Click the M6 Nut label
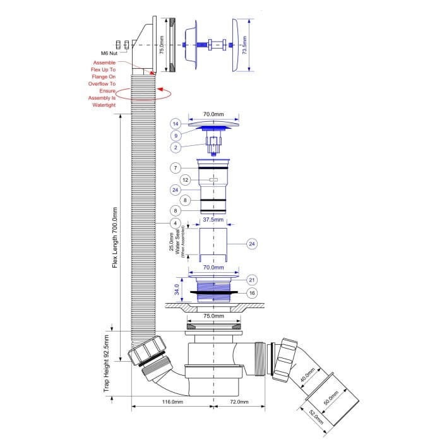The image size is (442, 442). tap(109, 53)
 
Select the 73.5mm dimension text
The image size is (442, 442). tap(244, 45)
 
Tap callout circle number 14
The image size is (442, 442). tap(176, 124)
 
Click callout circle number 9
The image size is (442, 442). tap(176, 136)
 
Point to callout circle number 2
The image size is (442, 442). tap(176, 147)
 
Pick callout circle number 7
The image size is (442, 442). tap(176, 168)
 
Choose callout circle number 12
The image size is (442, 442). tap(185, 180)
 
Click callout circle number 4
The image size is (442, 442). tap(176, 224)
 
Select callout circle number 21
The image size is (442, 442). tap(252, 280)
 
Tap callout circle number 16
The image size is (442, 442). tap(252, 293)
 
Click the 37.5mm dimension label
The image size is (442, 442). tap(213, 220)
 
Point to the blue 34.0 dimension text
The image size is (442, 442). tap(177, 289)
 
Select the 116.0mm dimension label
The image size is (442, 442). tap(172, 402)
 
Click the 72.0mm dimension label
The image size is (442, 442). tap(239, 402)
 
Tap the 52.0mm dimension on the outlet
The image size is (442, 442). tap(316, 417)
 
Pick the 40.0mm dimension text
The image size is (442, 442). tap(308, 375)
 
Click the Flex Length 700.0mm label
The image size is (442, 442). tap(115, 237)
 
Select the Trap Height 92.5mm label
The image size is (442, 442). tap(106, 363)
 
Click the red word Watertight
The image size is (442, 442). tap(104, 105)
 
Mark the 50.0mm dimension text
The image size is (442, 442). tap(331, 398)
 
